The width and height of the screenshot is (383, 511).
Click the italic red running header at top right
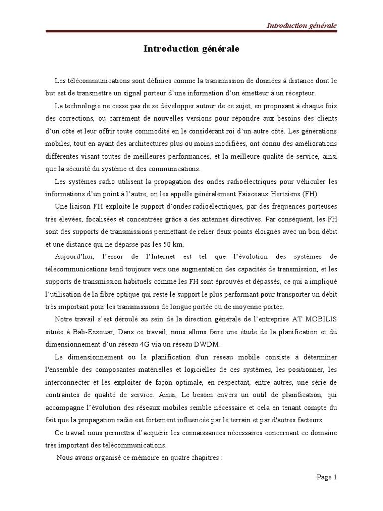point(301,25)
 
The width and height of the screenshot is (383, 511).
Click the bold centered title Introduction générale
point(191,49)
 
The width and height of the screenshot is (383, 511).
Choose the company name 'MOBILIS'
point(318,319)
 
